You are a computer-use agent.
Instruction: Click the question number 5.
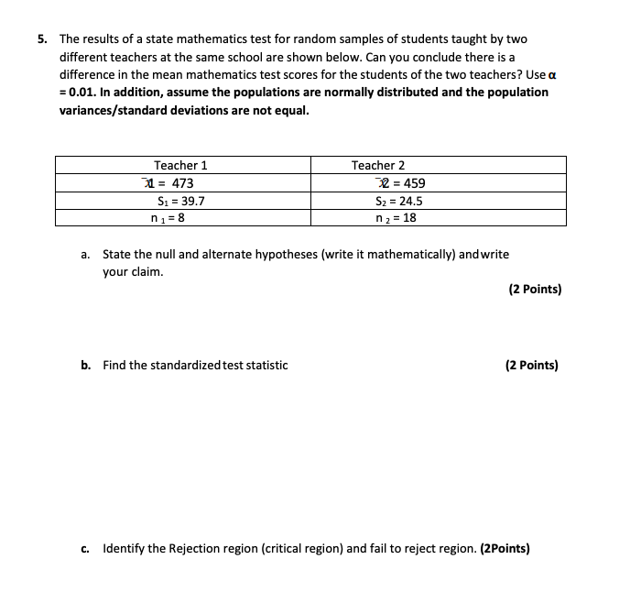42,39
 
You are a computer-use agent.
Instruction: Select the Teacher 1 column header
180,165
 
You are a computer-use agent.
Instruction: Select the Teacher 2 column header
377,165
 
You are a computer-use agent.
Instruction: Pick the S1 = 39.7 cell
180,201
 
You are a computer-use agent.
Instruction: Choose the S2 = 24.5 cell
398,201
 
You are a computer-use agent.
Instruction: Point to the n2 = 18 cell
396,218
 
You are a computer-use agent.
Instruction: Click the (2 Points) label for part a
534,289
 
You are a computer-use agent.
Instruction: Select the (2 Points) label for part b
531,365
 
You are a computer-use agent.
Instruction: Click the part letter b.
84,365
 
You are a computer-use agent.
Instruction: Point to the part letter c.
84,549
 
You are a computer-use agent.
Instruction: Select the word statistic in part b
266,365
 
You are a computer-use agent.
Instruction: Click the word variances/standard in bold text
114,110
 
